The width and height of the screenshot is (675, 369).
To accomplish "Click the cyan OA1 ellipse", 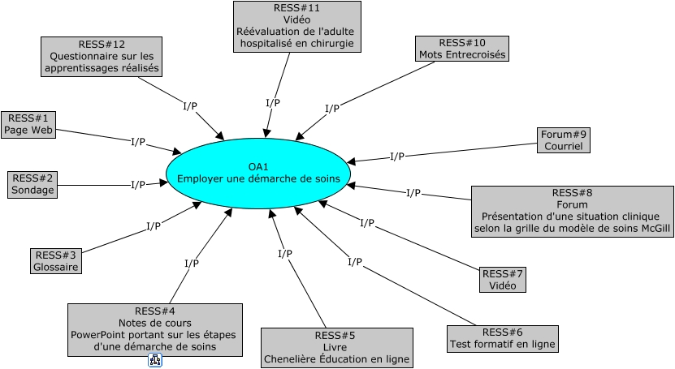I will (x=258, y=173).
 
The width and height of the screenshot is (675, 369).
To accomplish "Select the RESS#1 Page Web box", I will (x=28, y=124).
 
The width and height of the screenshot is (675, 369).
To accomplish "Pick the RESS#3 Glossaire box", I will (x=55, y=260).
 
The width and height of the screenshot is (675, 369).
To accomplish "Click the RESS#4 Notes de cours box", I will (x=154, y=329).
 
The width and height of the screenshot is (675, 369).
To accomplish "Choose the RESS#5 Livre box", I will (x=336, y=347).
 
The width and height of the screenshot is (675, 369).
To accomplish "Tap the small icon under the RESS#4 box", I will (x=156, y=360).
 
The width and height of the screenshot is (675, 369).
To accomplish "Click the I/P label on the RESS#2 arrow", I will (x=138, y=185).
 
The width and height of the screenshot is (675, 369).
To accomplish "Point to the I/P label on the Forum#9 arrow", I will (x=397, y=157).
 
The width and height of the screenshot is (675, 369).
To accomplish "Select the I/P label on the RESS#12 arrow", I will (x=190, y=105).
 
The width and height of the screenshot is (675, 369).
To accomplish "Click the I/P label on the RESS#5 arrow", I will (x=285, y=255).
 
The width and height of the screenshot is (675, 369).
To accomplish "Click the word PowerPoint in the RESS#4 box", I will (x=98, y=335).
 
